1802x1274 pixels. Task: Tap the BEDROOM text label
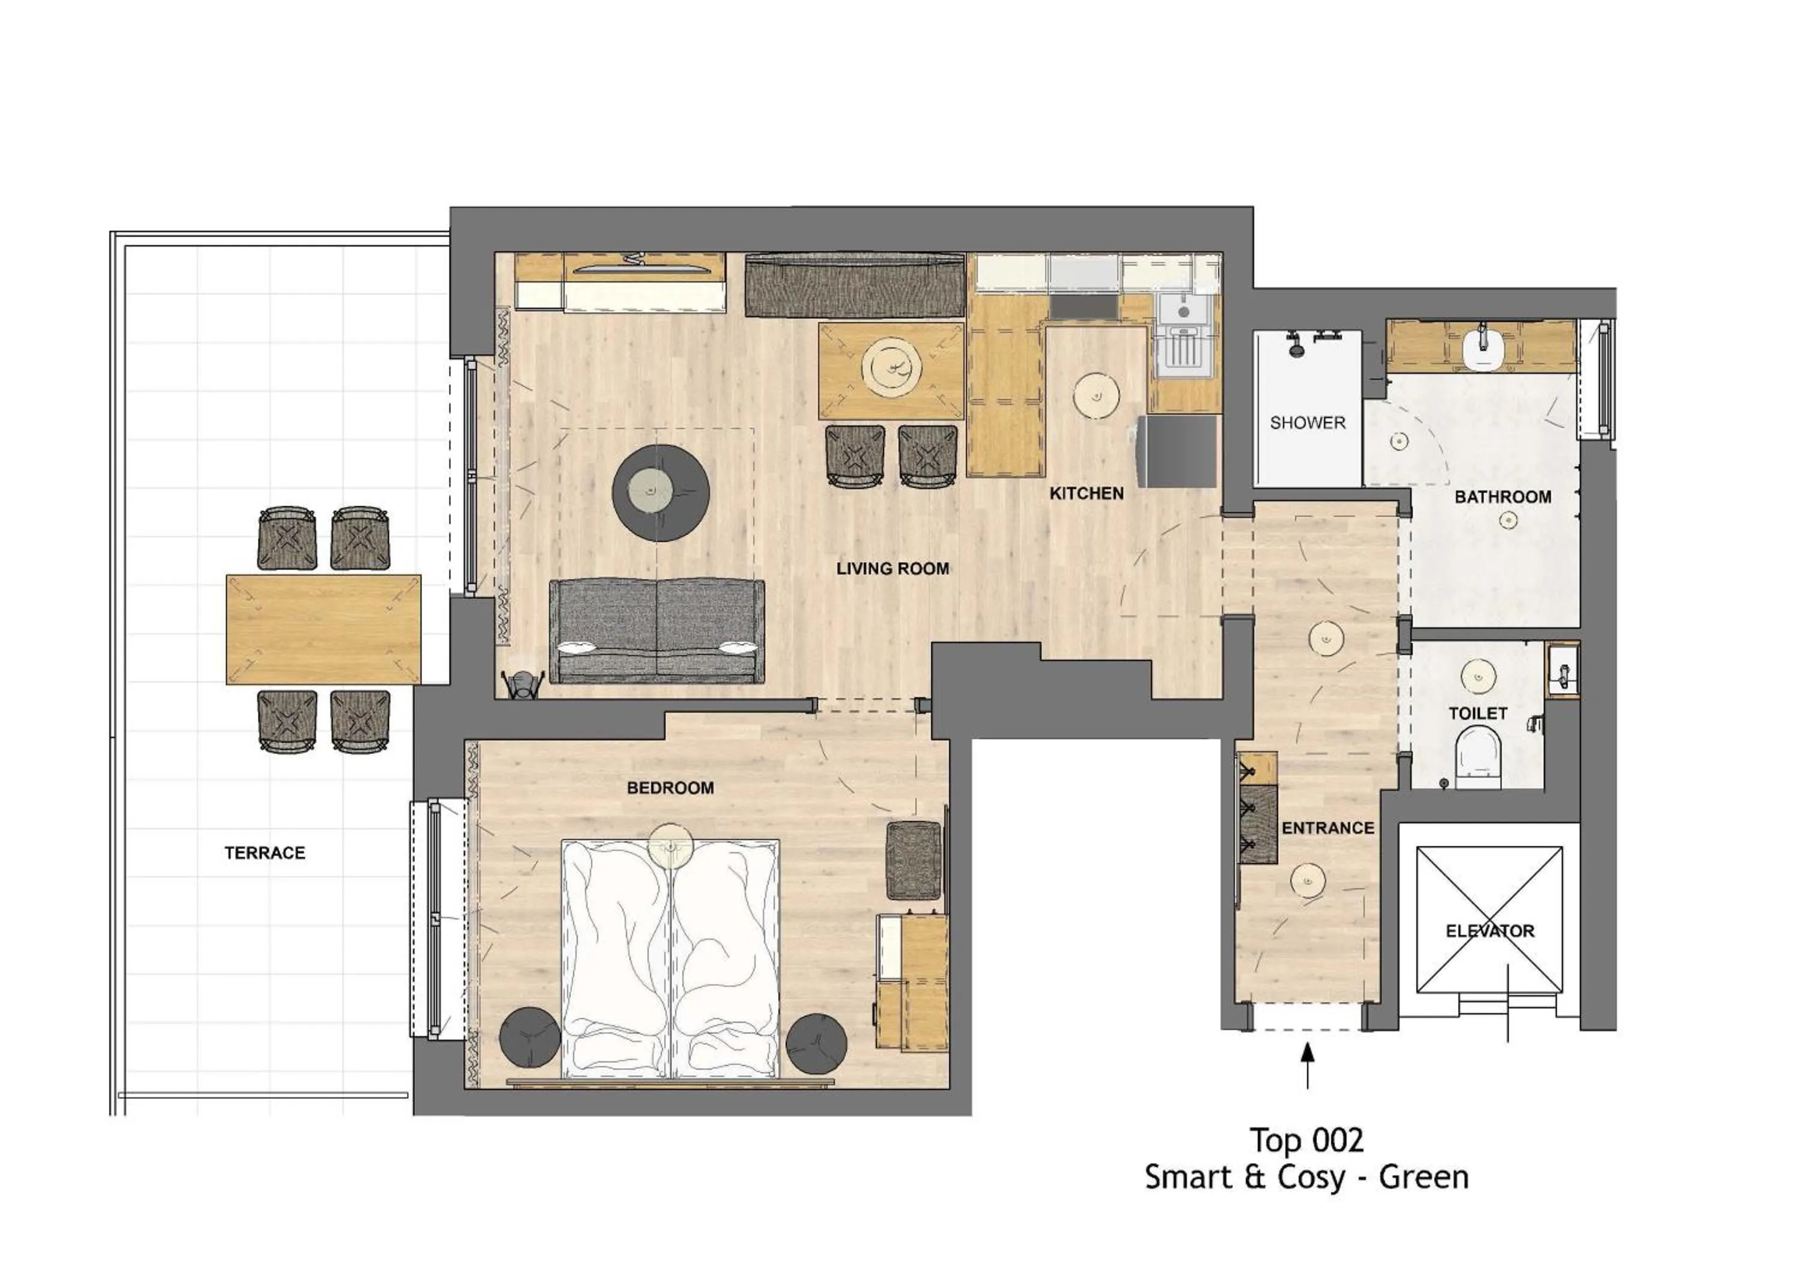670,787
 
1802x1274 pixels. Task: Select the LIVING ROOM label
893,568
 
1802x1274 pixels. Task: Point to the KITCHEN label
1086,493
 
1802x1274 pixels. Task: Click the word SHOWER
1308,422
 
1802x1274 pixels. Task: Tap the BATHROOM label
1502,496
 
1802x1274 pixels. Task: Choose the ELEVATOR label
1490,930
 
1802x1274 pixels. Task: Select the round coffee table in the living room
661,493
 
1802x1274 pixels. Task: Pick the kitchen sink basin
1183,309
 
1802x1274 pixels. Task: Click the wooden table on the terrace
323,630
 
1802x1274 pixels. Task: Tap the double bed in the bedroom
670,959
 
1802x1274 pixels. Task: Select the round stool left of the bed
530,1038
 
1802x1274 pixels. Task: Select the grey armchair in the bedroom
913,861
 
